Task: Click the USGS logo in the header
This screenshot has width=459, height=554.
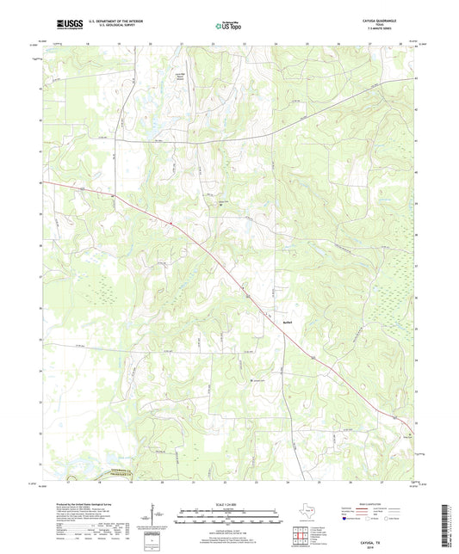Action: (x=65, y=25)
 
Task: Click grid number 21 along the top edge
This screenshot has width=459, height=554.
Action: (x=182, y=42)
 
